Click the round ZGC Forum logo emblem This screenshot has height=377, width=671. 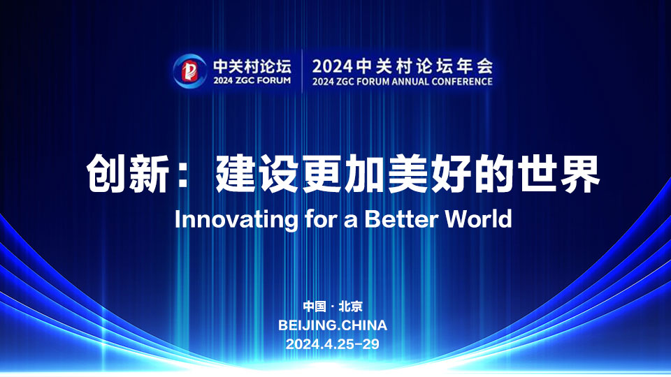(190, 71)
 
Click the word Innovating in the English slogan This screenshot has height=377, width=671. (236, 220)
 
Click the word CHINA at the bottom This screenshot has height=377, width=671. (365, 325)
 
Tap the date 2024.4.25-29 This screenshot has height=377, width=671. (333, 344)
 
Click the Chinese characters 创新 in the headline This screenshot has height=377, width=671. (127, 174)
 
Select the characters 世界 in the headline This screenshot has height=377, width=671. (558, 174)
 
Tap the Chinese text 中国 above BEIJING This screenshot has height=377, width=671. (315, 306)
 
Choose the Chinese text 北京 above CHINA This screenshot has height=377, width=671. (350, 306)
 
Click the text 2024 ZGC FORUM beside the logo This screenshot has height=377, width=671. (252, 80)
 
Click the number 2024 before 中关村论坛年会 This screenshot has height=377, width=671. (333, 66)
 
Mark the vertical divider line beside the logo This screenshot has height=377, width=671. (302, 71)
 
